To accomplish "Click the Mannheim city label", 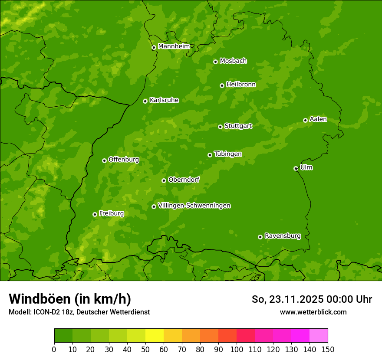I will click(x=174, y=46).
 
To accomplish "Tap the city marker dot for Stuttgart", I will click(x=220, y=127).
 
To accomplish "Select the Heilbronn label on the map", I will click(x=241, y=85).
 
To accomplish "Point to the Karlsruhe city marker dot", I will click(x=145, y=101).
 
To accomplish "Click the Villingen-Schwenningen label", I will click(x=194, y=206).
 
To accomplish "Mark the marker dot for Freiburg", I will click(x=95, y=214).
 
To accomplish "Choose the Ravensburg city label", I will click(x=282, y=236).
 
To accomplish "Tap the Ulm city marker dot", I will click(x=296, y=168).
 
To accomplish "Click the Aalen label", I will click(x=318, y=119).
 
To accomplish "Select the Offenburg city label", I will click(x=124, y=160).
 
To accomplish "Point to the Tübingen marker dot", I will click(x=210, y=155).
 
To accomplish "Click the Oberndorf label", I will click(x=184, y=180).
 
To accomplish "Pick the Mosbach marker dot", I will click(x=215, y=62).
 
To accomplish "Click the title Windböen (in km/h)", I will click(x=70, y=299).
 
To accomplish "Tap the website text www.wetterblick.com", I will click(x=313, y=312).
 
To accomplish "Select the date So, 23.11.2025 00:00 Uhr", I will click(x=312, y=299).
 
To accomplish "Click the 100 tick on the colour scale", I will click(x=237, y=349).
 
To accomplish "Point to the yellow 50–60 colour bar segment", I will click(x=155, y=336).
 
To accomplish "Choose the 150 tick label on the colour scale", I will click(x=328, y=349).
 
